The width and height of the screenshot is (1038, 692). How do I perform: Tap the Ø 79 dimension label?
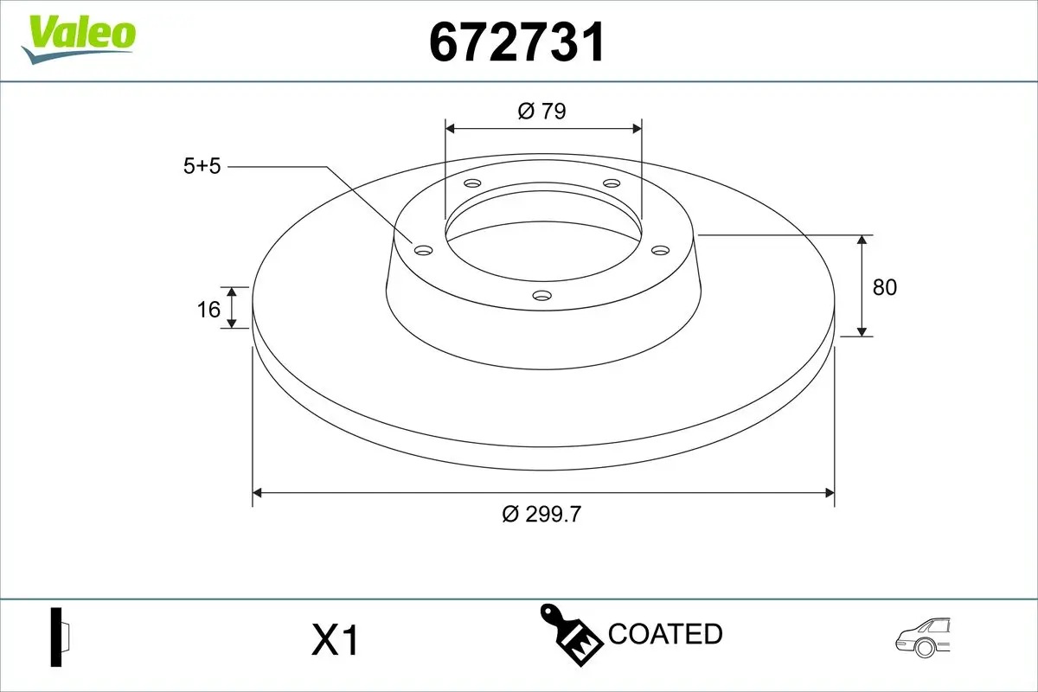pyautogui.click(x=541, y=111)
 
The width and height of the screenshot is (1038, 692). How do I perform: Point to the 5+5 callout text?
pyautogui.click(x=202, y=166)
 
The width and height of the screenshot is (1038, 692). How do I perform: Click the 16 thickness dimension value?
pyautogui.click(x=208, y=308)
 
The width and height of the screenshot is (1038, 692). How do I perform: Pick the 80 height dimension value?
pyautogui.click(x=885, y=287)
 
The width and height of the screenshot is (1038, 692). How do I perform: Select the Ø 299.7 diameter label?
pyautogui.click(x=541, y=514)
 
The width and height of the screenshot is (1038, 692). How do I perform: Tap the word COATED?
pyautogui.click(x=665, y=634)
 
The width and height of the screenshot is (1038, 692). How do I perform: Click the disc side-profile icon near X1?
pyautogui.click(x=60, y=638)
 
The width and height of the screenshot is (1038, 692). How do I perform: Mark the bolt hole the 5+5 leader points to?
pyautogui.click(x=424, y=250)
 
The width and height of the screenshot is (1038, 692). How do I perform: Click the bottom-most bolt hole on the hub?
pyautogui.click(x=542, y=296)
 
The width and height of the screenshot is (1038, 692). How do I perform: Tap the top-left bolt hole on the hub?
pyautogui.click(x=472, y=183)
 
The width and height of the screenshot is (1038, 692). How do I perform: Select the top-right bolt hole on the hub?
pyautogui.click(x=612, y=183)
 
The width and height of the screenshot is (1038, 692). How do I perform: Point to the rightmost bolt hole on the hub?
pyautogui.click(x=661, y=250)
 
